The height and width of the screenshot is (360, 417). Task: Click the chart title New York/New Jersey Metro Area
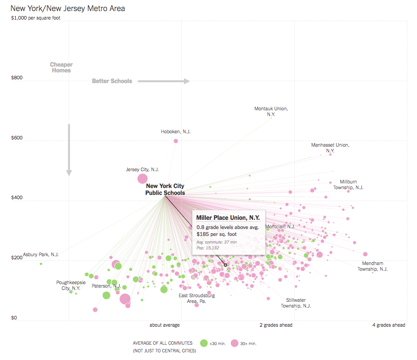click(68, 8)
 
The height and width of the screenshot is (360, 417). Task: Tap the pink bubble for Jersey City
click(143, 178)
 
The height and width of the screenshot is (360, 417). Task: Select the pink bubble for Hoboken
click(176, 141)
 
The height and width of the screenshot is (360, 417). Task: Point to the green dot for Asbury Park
click(41, 263)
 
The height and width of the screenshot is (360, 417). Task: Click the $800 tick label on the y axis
click(17, 78)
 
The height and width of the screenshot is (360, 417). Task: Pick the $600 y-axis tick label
click(17, 138)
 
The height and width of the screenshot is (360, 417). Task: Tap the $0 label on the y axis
click(14, 317)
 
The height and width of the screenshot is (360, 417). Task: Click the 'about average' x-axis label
click(164, 325)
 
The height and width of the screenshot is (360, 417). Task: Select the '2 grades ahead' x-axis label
click(276, 325)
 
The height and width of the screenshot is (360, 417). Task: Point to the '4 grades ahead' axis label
click(389, 325)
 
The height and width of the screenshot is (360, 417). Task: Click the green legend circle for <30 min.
click(204, 343)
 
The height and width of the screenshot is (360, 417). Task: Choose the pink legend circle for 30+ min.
click(234, 343)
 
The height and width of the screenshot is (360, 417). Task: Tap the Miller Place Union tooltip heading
click(228, 218)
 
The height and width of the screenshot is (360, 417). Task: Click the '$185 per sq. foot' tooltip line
click(217, 234)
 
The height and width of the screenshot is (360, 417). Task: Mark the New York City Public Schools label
click(165, 190)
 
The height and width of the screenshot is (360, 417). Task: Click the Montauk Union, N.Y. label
click(271, 111)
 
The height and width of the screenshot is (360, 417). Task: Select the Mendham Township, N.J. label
click(373, 266)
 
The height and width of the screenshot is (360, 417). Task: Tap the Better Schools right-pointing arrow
click(164, 81)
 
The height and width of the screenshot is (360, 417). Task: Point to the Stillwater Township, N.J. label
click(296, 303)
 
